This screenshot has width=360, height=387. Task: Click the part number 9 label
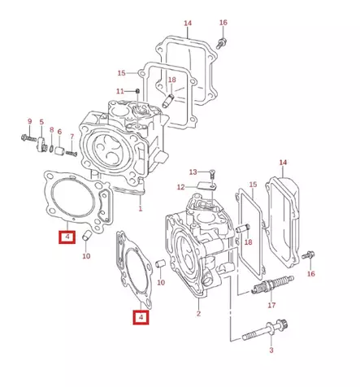point(29,122)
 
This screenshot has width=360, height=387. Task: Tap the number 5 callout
point(41,122)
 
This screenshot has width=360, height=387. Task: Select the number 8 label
point(51,130)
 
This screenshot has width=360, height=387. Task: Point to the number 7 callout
point(72,137)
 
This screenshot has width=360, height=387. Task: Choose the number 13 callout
point(193,172)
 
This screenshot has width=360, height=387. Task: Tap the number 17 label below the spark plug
point(271,307)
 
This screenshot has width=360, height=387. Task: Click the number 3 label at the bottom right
point(271,350)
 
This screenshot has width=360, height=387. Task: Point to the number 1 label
point(140,209)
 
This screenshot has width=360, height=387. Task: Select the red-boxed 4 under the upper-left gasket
point(65,237)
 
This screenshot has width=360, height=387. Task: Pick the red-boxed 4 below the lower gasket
point(140,317)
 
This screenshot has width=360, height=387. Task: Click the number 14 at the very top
point(188,23)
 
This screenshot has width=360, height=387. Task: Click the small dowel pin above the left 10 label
point(85,238)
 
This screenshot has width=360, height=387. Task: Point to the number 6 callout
point(59,132)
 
